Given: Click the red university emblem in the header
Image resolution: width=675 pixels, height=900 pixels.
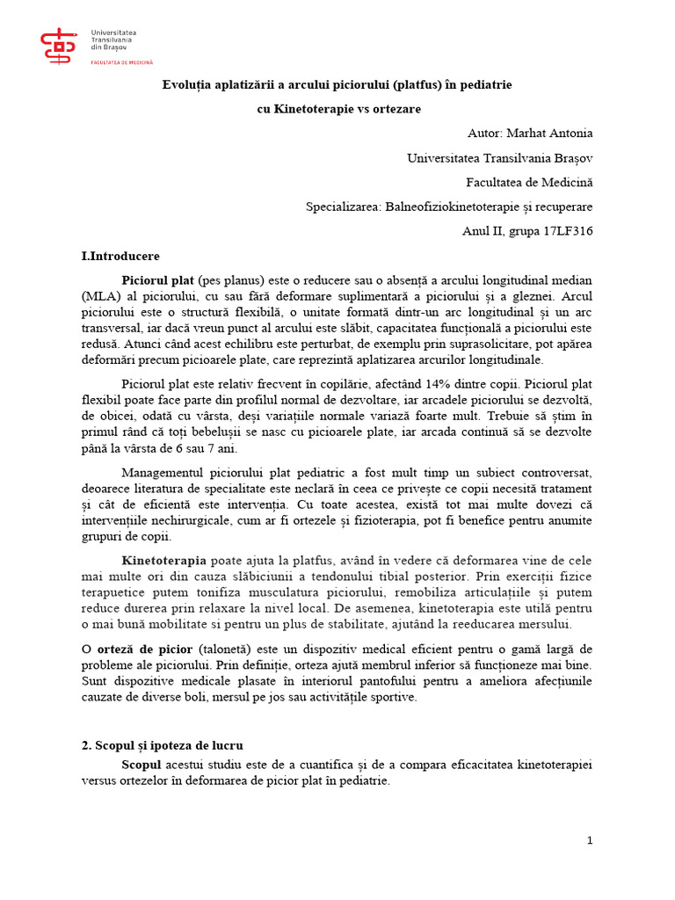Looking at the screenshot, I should pyautogui.click(x=59, y=47).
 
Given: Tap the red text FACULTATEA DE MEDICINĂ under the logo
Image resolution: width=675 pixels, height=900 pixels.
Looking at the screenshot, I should pyautogui.click(x=122, y=62).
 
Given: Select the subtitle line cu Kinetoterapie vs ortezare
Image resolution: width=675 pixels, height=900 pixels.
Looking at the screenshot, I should pyautogui.click(x=338, y=109).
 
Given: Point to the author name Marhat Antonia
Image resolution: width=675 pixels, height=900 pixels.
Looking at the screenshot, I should pyautogui.click(x=551, y=134).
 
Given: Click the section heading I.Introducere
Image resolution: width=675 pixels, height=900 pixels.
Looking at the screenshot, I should pyautogui.click(x=120, y=257).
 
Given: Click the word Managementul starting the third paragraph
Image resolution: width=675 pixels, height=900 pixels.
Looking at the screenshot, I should pyautogui.click(x=171, y=473).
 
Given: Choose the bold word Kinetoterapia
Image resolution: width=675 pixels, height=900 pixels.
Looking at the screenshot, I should pyautogui.click(x=164, y=561).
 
